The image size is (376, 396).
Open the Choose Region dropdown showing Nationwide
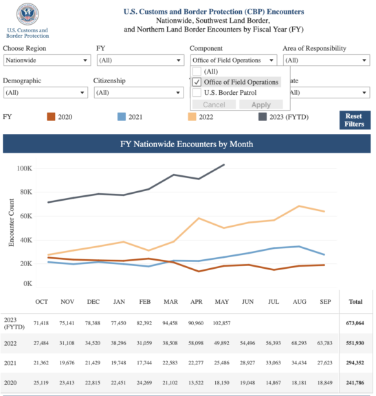[x=47, y=60]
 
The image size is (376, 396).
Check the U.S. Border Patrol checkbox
[x=197, y=92]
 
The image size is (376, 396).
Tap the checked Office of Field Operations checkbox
[x=197, y=82]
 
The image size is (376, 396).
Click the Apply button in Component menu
[x=261, y=104]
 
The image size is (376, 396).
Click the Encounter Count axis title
[x=12, y=223]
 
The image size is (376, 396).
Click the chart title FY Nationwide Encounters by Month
[x=186, y=144]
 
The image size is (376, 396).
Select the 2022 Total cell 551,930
[x=355, y=342]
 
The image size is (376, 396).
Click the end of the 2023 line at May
[x=224, y=165]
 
